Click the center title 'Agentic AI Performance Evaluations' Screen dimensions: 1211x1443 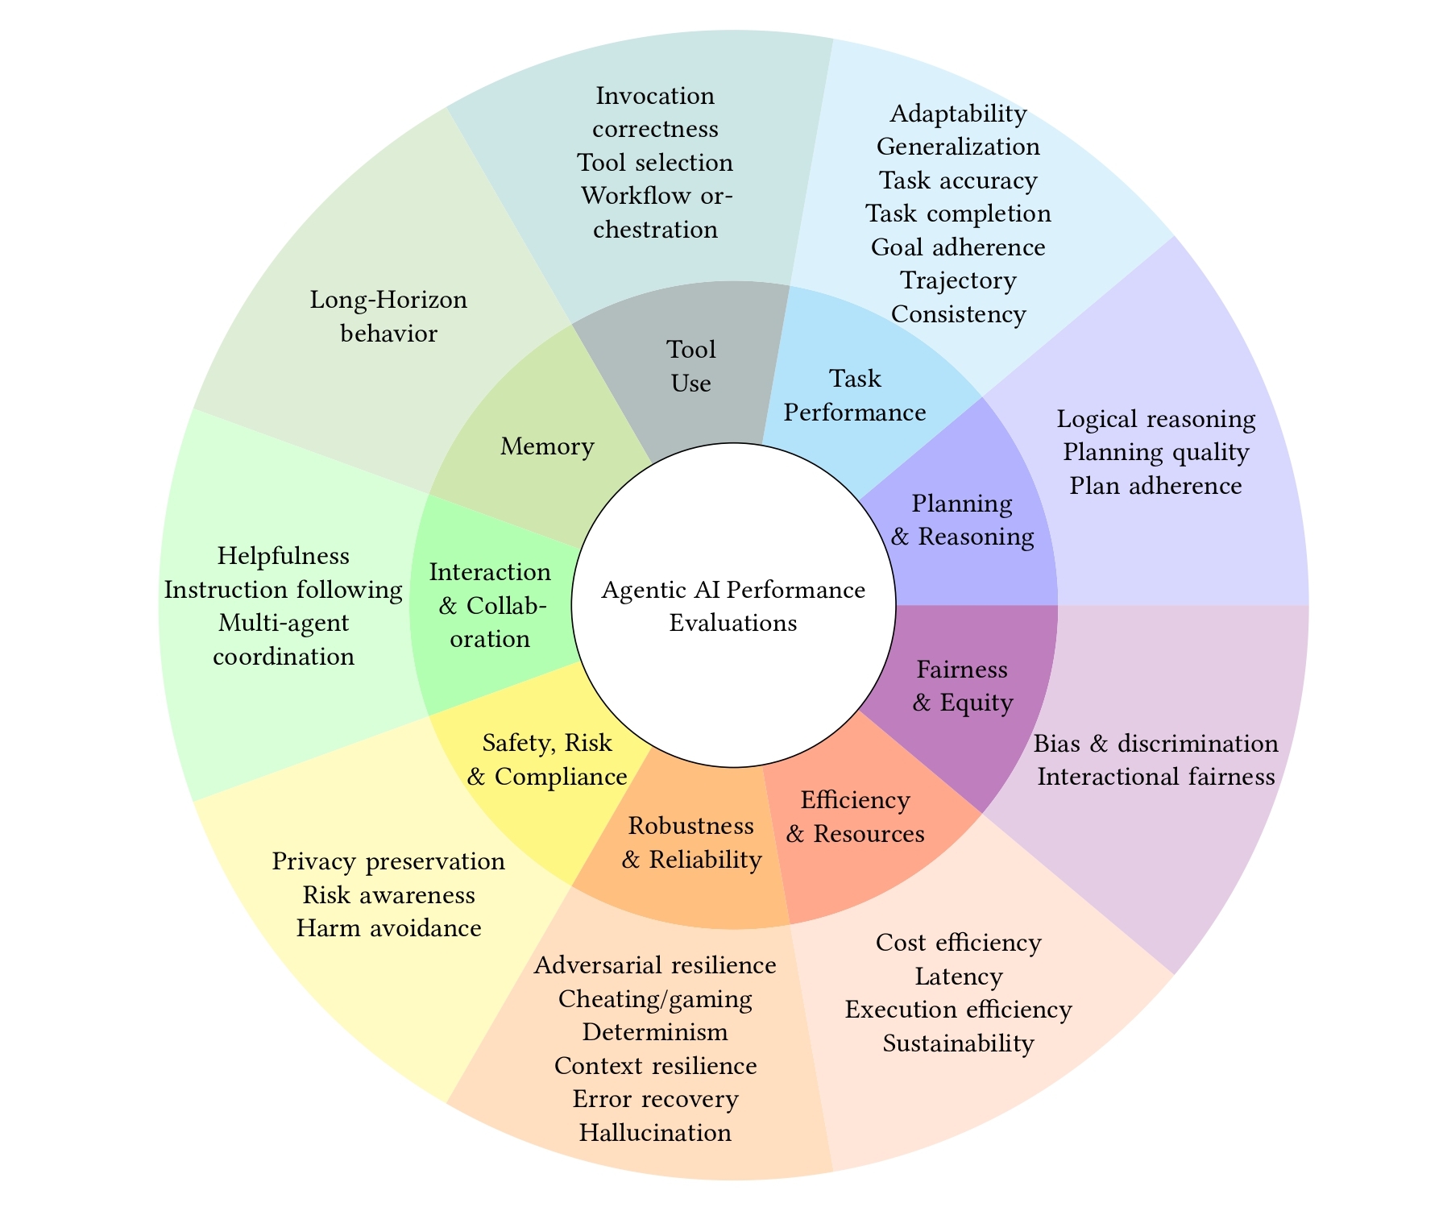pos(733,607)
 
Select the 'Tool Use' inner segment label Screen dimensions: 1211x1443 pos(691,367)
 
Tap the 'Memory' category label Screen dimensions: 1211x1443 pos(547,446)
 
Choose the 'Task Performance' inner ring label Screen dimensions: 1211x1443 pos(855,396)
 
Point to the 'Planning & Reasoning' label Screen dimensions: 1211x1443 pos(962,520)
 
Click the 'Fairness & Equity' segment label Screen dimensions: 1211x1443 pos(962,686)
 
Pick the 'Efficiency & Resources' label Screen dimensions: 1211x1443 pos(855,817)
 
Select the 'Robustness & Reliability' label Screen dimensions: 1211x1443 pos(692,843)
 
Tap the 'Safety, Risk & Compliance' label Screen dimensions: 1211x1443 pos(547,760)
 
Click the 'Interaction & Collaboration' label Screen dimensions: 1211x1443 pos(490,606)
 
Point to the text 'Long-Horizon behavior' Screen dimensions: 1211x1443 pos(388,317)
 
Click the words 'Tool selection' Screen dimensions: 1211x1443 pos(655,163)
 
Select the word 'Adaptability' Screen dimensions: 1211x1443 pos(958,114)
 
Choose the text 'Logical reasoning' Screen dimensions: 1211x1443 pos(1155,419)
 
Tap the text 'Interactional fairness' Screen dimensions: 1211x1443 pos(1155,777)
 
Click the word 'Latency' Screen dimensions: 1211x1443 pos(958,977)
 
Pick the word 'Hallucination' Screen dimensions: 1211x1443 pos(655,1133)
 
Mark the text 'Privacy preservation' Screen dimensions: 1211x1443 pos(388,861)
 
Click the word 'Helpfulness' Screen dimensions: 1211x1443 pos(284,556)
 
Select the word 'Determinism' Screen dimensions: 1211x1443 pos(655,1032)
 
